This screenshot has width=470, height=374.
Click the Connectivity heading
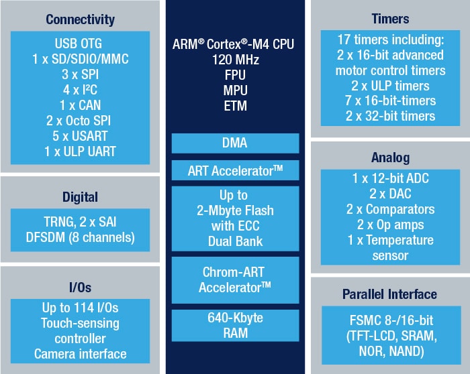tap(81, 19)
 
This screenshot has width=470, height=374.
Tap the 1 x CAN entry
tap(81, 106)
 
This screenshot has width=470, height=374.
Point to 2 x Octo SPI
tap(81, 121)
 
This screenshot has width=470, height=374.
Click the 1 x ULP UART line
tap(81, 151)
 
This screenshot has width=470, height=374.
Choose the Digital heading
tap(81, 197)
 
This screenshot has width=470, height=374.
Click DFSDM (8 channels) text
tap(81, 237)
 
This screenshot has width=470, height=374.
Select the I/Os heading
tap(81, 288)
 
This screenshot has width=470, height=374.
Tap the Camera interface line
tap(81, 354)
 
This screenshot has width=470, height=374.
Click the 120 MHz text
tap(235, 60)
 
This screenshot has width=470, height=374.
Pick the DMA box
tap(235, 143)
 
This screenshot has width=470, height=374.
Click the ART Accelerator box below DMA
tap(235, 171)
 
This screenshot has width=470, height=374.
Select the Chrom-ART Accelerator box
tap(235, 279)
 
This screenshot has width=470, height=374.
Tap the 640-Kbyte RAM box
tap(235, 325)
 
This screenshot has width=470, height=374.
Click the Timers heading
tap(389, 19)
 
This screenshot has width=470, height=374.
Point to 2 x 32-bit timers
tap(389, 116)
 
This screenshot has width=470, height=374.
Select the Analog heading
tap(389, 159)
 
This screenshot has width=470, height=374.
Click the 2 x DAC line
tap(389, 194)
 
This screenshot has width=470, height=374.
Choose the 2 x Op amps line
tap(389, 225)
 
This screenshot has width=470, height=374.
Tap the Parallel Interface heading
tap(389, 294)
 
